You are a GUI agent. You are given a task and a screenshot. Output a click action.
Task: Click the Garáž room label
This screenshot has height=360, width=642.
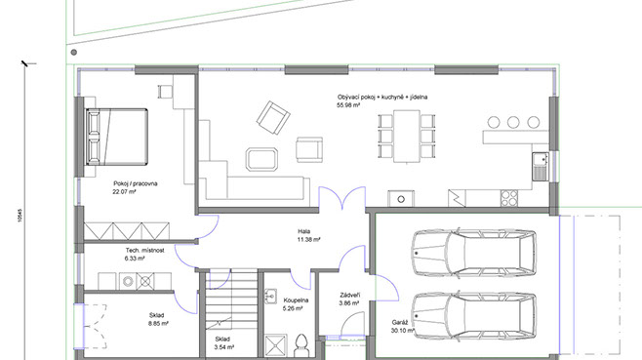[400, 322]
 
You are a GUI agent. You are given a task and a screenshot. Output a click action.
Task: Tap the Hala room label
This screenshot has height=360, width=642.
[303, 232]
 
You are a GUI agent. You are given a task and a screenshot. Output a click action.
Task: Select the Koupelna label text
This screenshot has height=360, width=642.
[296, 300]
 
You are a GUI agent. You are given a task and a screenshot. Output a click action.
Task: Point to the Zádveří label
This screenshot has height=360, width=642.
[350, 296]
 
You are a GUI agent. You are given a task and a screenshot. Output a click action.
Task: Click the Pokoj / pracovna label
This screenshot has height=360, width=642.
[136, 183]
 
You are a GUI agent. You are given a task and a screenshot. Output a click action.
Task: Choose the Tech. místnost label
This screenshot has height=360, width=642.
[145, 250]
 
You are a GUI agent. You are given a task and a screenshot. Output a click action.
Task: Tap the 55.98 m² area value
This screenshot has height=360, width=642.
[348, 105]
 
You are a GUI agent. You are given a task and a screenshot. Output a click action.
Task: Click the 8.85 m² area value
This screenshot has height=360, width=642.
[158, 324]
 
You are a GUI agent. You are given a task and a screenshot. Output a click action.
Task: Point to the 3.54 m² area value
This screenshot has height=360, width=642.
[224, 347]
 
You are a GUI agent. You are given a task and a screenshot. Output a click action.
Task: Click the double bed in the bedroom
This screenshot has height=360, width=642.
[116, 137]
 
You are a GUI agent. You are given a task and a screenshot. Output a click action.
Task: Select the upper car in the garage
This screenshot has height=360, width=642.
[474, 253]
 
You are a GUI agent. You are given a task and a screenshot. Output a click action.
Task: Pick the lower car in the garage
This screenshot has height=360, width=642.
[474, 316]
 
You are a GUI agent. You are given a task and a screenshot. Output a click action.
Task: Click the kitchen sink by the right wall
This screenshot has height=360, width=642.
[541, 166]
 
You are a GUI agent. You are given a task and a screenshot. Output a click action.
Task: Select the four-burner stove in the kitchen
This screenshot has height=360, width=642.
[509, 198]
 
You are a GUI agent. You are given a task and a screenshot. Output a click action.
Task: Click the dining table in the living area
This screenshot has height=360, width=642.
[407, 137]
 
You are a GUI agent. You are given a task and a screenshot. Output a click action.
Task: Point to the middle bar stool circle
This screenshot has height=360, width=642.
[513, 122]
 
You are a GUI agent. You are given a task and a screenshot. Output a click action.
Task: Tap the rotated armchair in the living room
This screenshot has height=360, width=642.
[273, 117]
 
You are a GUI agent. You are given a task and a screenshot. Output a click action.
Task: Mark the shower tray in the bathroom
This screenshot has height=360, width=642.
[276, 345]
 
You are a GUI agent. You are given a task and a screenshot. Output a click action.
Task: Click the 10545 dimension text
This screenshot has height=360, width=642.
[20, 216]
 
